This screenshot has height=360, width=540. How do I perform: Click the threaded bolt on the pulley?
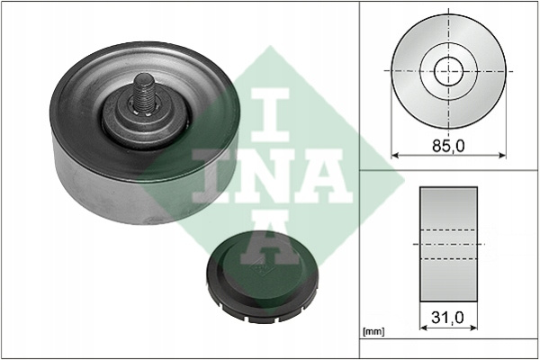click(x=144, y=93)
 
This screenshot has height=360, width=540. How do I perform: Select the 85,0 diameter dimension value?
click(x=448, y=146)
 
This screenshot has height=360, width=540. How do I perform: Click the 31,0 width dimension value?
click(x=447, y=318)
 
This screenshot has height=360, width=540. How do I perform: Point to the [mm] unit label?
click(x=373, y=332)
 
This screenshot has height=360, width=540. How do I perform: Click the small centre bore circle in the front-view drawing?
click(x=448, y=72)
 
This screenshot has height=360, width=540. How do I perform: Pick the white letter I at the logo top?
click(x=270, y=115)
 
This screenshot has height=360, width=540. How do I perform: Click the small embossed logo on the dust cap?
click(x=258, y=267)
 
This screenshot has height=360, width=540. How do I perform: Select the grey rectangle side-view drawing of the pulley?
click(x=448, y=244)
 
